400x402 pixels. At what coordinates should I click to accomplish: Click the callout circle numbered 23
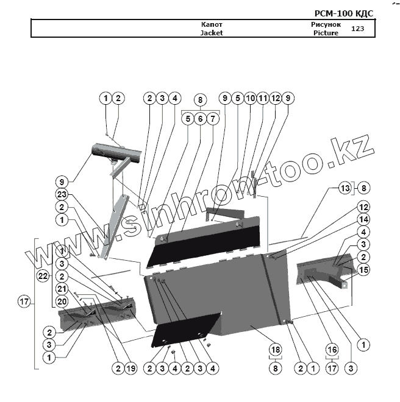61,196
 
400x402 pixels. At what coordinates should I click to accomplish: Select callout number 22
43,276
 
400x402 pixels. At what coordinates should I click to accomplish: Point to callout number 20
61,301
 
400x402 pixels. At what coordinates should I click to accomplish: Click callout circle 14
363,219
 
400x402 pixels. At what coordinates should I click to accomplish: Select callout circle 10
250,98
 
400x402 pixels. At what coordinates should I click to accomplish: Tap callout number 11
263,98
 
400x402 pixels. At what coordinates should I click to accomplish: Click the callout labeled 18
276,350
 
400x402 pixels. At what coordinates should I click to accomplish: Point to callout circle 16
332,350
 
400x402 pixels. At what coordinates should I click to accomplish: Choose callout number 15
363,270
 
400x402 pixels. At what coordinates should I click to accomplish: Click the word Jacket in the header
212,33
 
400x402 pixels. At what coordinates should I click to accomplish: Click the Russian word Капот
212,25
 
